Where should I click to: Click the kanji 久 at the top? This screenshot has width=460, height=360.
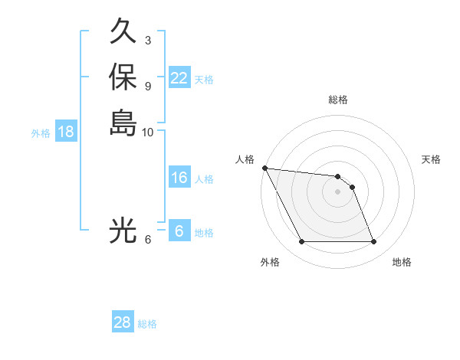123,32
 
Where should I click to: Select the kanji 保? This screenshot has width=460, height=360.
123,77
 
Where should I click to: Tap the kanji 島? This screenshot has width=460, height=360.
123,122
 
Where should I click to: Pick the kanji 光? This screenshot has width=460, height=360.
123,230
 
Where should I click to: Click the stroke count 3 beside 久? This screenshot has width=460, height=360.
148,40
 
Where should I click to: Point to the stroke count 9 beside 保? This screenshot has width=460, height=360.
148,85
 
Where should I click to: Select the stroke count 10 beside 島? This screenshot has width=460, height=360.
148,132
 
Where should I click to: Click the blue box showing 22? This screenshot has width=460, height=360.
179,78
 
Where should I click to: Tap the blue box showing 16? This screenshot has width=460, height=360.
179,178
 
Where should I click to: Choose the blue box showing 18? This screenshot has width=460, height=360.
66,132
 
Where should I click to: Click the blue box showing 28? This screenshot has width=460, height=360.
122,322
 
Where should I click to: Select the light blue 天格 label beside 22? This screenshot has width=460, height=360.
204,80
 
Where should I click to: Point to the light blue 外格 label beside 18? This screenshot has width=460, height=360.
41,133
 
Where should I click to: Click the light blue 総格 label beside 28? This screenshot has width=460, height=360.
147,324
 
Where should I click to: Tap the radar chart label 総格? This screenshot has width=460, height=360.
338,100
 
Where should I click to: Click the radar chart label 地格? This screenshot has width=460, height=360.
402,262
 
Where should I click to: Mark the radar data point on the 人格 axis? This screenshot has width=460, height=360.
264,168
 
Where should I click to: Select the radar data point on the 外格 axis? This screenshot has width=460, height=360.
302,242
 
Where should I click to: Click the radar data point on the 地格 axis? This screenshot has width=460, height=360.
373,242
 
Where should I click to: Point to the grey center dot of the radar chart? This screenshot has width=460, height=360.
337,191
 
